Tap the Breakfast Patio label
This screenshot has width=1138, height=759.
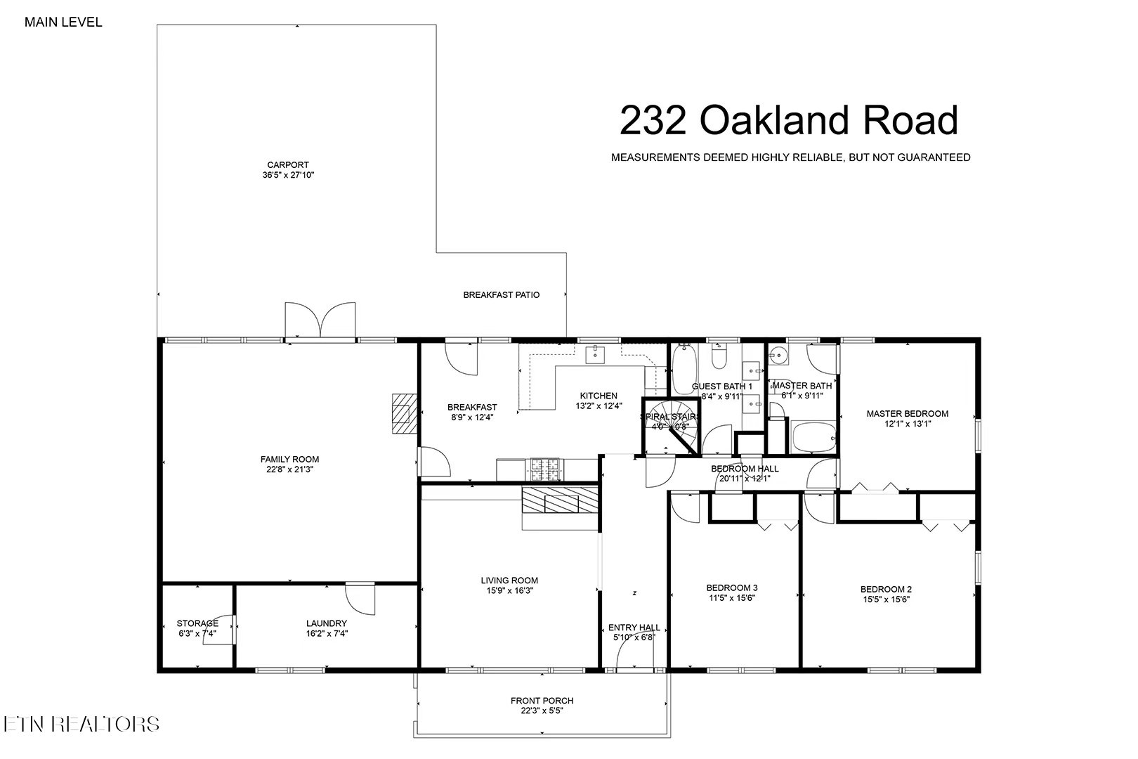pyautogui.click(x=501, y=295)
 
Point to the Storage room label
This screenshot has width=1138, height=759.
pyautogui.click(x=197, y=623)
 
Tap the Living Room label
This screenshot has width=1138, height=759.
pyautogui.click(x=509, y=580)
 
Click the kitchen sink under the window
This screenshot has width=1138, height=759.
pyautogui.click(x=596, y=353)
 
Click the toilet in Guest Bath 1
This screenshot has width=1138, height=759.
pyautogui.click(x=719, y=358)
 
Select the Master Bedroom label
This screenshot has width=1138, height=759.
pyautogui.click(x=907, y=414)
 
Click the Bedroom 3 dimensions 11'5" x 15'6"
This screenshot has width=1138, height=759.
pyautogui.click(x=731, y=598)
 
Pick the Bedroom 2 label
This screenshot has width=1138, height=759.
pyautogui.click(x=886, y=590)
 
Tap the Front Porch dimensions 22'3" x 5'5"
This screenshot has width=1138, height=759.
pyautogui.click(x=542, y=711)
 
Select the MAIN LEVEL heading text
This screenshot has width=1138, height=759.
pyautogui.click(x=63, y=22)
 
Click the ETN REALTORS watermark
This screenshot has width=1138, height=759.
pyautogui.click(x=81, y=724)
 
